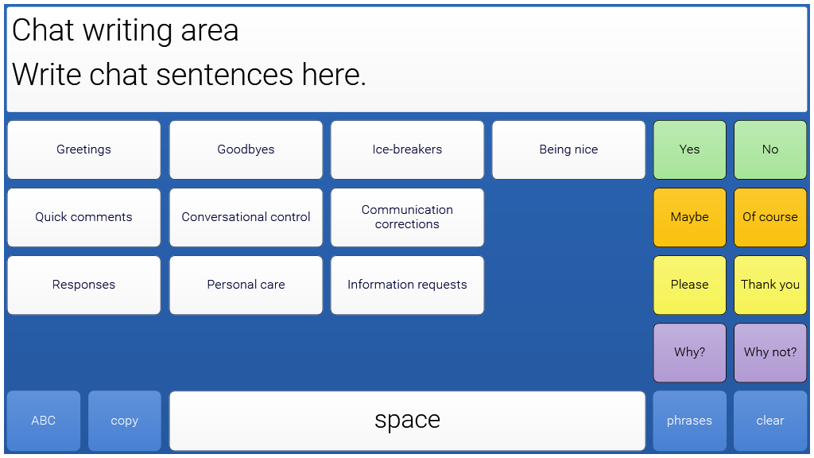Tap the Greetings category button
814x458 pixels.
tap(83, 149)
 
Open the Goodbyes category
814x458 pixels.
tap(246, 149)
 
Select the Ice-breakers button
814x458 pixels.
tap(407, 149)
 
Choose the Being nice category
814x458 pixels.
tap(568, 149)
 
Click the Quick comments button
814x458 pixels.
tap(83, 217)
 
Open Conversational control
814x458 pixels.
tap(246, 217)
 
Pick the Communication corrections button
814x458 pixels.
tap(407, 217)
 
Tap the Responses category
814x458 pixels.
tap(83, 285)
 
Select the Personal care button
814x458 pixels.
tap(246, 285)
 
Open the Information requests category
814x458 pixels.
tap(407, 285)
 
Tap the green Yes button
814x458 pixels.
tap(689, 149)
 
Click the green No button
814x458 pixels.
tap(770, 149)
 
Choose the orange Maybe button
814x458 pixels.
tap(689, 217)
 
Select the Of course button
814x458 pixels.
tap(770, 217)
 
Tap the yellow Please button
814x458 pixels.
tap(689, 285)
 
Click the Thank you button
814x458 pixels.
tap(770, 285)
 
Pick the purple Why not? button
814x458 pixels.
tap(770, 352)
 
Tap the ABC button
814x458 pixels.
tap(44, 421)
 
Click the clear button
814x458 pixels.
tap(770, 421)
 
